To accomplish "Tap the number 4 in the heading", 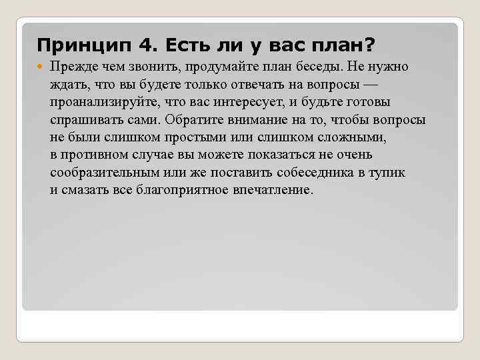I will point(145,45).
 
